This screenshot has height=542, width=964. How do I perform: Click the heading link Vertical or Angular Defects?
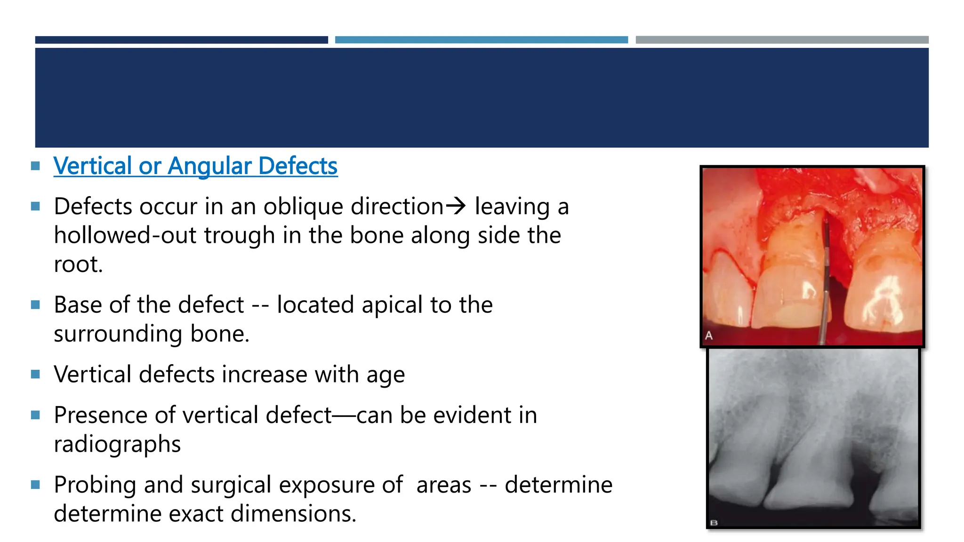pos(195,166)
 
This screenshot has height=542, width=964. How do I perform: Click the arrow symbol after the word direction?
pos(456,206)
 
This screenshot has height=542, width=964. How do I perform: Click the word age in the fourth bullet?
pos(386,375)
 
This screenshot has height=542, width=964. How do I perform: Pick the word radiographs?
pos(117,445)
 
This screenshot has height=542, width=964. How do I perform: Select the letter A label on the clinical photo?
pos(709,336)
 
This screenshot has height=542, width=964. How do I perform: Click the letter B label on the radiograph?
pos(714,523)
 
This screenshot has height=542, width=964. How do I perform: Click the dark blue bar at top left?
pos(181,40)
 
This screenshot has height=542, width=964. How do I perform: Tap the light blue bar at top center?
pos(481,40)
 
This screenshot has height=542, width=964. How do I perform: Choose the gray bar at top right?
pos(782,40)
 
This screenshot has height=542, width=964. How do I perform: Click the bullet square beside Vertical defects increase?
pos(35,375)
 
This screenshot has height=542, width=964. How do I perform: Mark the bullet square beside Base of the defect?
pos(35,305)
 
